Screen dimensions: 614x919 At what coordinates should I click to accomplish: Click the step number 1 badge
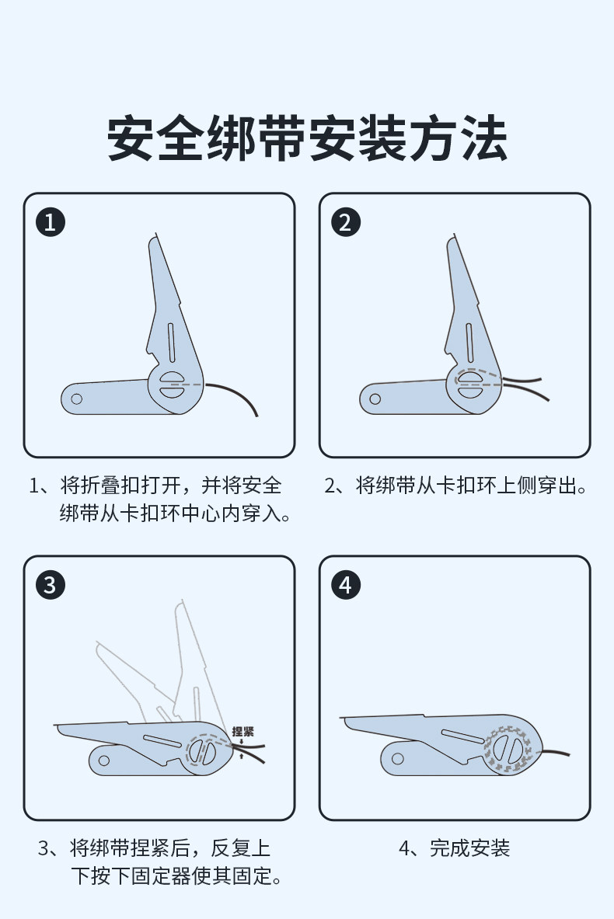pos(51,222)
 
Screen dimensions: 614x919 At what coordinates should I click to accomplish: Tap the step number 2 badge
pos(346,222)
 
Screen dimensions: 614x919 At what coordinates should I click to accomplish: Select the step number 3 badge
pos(51,584)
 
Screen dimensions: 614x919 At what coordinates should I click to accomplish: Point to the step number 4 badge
pos(346,584)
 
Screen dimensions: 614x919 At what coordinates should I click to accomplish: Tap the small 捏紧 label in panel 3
pos(242,731)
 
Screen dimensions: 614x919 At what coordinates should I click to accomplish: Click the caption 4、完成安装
pos(455,848)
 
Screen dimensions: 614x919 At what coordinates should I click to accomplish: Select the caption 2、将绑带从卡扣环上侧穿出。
pos(455,487)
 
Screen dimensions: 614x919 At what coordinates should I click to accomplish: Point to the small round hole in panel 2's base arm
pos(375,399)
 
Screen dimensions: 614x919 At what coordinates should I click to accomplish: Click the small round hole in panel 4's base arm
pos(397,758)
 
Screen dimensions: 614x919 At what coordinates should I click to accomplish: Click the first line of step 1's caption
pos(155,487)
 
